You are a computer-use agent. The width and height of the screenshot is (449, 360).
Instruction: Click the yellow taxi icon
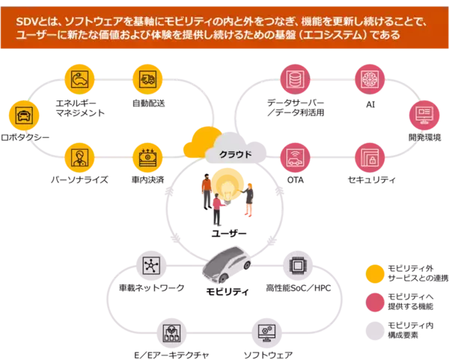coord(23,116)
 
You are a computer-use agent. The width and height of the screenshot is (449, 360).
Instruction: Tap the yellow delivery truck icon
coord(147,77)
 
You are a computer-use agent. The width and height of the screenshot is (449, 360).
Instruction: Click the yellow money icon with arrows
coord(147,157)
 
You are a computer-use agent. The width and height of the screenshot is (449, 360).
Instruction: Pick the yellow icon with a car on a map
coord(80,77)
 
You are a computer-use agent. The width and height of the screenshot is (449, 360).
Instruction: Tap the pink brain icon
coord(368,78)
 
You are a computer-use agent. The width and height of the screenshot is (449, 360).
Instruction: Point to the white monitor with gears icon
coord(266,330)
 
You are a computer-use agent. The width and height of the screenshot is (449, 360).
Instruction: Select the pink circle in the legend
coord(375,302)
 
